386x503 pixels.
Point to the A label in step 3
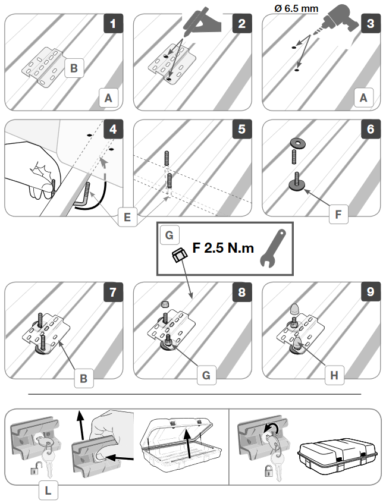364,98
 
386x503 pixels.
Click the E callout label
126,217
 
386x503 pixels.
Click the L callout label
48,491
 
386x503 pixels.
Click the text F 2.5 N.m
223,247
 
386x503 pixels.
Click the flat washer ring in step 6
296,143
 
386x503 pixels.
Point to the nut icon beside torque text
178,256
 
